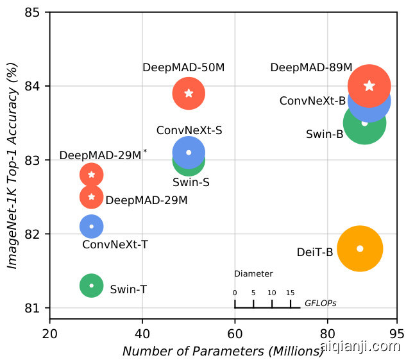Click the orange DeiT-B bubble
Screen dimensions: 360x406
click(x=360, y=248)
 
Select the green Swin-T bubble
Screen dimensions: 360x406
click(x=92, y=285)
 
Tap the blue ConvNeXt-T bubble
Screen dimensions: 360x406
click(x=92, y=226)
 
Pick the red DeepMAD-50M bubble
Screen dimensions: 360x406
click(x=189, y=93)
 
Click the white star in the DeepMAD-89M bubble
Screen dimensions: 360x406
click(x=369, y=86)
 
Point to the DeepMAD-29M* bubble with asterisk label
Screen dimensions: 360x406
click(x=92, y=174)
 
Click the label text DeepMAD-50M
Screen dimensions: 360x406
click(x=183, y=67)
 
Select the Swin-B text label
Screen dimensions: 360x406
click(x=325, y=135)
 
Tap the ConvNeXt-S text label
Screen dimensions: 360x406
click(x=189, y=130)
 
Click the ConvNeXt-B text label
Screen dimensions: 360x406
click(x=312, y=101)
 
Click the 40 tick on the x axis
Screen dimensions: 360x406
click(x=142, y=334)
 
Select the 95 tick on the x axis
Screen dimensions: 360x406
click(x=397, y=334)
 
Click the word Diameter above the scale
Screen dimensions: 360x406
click(x=253, y=273)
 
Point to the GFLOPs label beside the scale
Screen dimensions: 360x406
click(x=320, y=303)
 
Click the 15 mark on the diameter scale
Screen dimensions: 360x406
click(x=291, y=293)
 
